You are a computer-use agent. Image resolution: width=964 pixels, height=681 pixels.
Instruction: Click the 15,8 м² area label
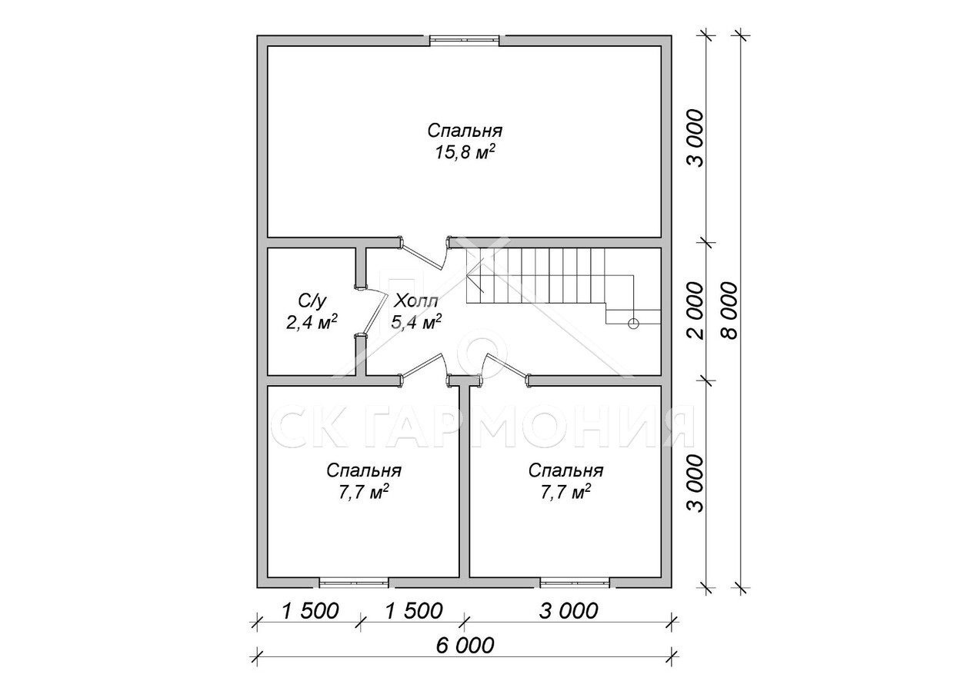(x=465, y=153)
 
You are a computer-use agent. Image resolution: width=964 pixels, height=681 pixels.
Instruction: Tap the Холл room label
(x=416, y=301)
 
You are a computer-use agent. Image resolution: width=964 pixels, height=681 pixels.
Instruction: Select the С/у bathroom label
(x=312, y=301)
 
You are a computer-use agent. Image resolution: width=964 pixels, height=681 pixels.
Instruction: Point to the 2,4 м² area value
(x=312, y=321)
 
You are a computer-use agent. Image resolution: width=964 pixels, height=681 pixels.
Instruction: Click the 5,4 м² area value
(x=416, y=321)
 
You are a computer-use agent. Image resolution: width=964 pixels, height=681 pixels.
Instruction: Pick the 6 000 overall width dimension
(x=465, y=657)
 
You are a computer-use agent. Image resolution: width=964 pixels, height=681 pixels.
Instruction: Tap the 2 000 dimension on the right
(x=696, y=311)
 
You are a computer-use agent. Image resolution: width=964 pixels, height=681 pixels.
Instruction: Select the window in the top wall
(x=465, y=40)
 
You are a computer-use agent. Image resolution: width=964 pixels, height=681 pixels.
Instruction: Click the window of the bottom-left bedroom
(x=354, y=583)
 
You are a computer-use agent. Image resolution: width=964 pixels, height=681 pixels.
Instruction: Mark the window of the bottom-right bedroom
(x=575, y=583)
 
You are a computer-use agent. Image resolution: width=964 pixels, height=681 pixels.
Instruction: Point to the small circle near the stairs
(x=632, y=324)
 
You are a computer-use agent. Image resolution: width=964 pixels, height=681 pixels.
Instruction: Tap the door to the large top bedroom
(x=424, y=255)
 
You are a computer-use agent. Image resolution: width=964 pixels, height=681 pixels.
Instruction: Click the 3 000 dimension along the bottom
(x=569, y=611)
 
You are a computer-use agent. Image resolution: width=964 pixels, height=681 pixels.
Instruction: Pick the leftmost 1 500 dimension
(x=311, y=611)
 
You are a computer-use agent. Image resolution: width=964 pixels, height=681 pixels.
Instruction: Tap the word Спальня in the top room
(x=465, y=131)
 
